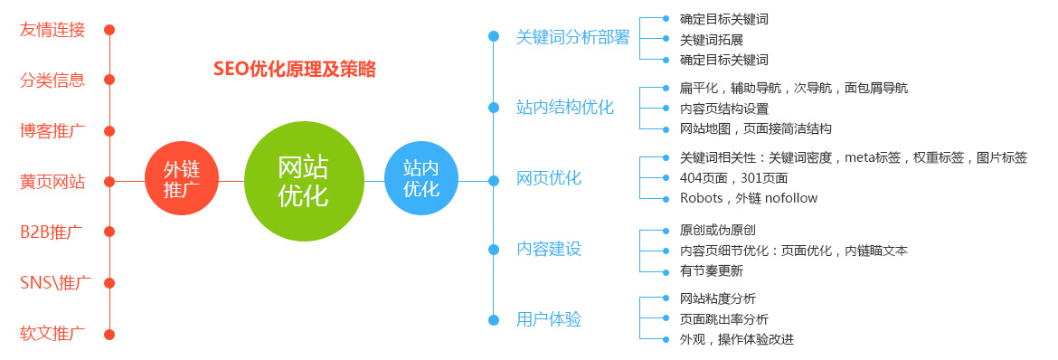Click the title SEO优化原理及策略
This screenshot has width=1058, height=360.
click(295, 69)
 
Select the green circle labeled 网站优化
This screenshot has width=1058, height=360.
click(304, 181)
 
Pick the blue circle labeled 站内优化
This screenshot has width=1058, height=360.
click(421, 178)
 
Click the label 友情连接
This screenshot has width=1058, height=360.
click(52, 31)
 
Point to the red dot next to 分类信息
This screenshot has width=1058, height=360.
click(109, 80)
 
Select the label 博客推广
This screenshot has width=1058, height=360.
click(52, 131)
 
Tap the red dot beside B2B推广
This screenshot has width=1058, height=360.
click(109, 232)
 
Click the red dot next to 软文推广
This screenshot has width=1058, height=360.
click(109, 335)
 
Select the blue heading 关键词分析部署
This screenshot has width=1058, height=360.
click(572, 37)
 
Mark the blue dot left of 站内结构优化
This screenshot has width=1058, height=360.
click(494, 108)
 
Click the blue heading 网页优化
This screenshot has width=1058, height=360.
click(549, 179)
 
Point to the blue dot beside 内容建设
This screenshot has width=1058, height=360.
click(494, 250)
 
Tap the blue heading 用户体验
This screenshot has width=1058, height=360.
click(549, 319)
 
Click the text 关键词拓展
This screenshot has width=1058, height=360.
click(711, 40)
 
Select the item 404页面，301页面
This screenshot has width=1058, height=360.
click(733, 178)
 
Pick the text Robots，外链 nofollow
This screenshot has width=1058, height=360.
click(749, 199)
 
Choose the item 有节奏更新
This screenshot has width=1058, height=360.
click(711, 271)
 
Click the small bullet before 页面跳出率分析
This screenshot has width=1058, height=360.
click(666, 318)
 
